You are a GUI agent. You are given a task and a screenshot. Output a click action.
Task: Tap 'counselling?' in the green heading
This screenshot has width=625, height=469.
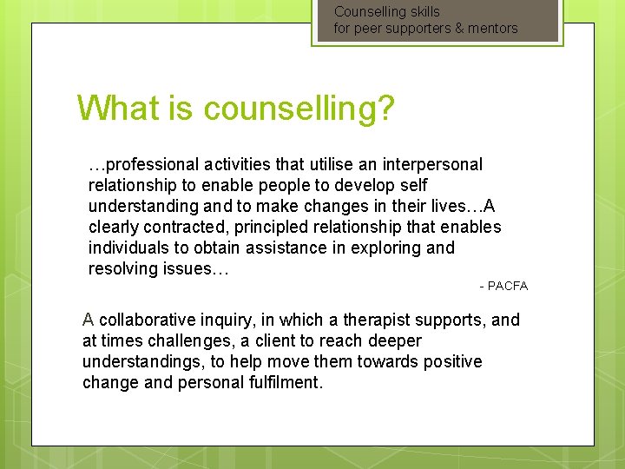pyautogui.click(x=299, y=109)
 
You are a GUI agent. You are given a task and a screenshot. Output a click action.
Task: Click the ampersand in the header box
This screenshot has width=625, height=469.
pyautogui.click(x=457, y=29)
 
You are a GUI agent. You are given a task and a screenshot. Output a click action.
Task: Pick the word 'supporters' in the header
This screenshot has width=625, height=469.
pyautogui.click(x=413, y=29)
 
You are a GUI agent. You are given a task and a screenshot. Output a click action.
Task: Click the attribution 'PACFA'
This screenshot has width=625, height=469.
pyautogui.click(x=508, y=286)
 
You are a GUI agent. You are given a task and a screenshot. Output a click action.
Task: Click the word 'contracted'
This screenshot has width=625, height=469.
pyautogui.click(x=178, y=227)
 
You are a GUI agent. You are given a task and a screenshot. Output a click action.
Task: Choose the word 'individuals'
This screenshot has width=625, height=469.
pyautogui.click(x=129, y=248)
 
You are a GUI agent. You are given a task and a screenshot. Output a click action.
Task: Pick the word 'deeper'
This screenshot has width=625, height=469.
pyautogui.click(x=392, y=340)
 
